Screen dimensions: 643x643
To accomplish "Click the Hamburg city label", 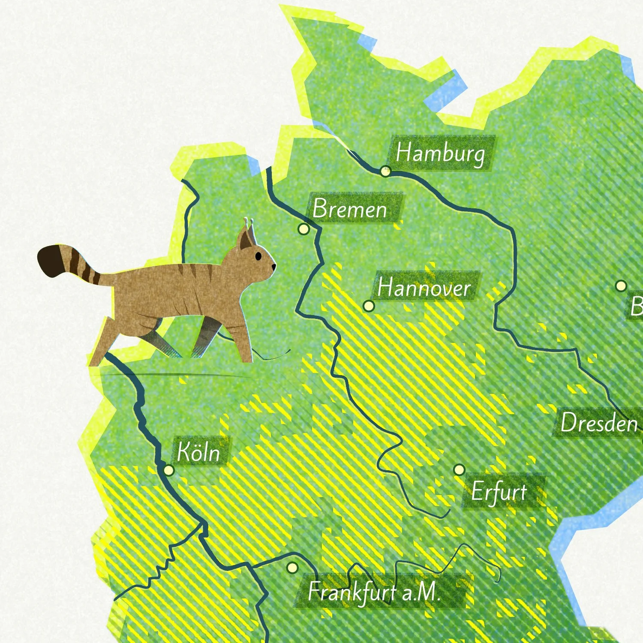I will point(441,153).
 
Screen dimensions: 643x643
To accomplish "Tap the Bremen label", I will point(350,209).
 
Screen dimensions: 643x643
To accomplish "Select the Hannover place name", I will point(424,287).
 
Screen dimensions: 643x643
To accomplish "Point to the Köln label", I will point(198,452).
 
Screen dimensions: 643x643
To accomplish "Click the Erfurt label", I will point(499,492).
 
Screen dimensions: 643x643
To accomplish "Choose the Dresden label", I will point(599,423).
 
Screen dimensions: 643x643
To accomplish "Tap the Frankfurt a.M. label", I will point(374,592).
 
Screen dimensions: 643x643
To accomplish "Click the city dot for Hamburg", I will point(385,171).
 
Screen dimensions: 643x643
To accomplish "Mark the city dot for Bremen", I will point(303,229).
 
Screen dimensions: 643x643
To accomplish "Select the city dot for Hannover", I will point(368,306).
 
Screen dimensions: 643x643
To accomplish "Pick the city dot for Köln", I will point(169,470).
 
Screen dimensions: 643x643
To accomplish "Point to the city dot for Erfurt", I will point(459,470).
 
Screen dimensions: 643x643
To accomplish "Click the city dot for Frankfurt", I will point(292,568).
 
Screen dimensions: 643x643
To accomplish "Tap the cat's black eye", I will point(258,256).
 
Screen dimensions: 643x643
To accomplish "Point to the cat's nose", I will point(274,267).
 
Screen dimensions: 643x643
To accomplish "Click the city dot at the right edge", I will point(621,285).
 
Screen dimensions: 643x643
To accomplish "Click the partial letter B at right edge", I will point(637,306).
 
